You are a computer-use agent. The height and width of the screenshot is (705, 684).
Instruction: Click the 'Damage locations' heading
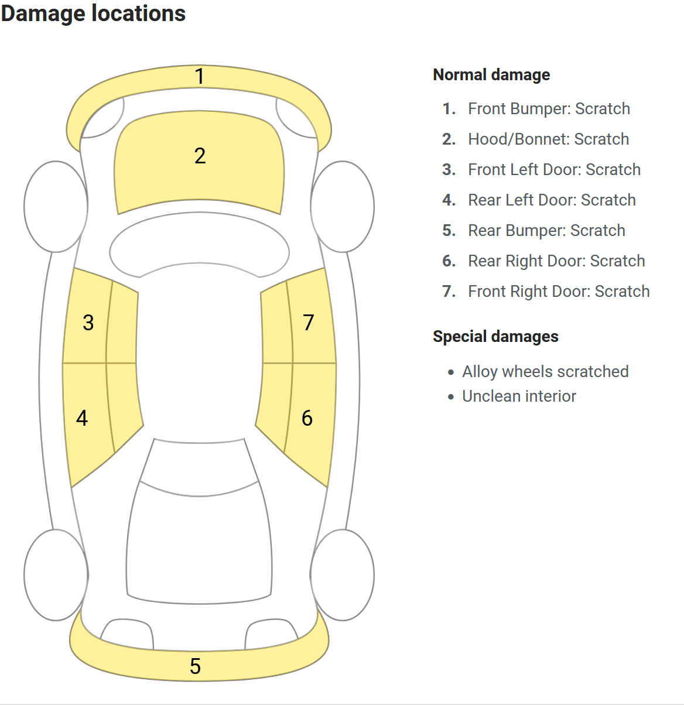(93, 13)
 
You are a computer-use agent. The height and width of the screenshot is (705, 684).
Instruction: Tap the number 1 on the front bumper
(200, 76)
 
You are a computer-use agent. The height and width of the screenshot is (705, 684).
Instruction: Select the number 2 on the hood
(200, 156)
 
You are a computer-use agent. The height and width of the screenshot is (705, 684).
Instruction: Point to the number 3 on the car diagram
(88, 323)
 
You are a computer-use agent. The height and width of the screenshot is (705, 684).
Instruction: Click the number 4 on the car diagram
(82, 418)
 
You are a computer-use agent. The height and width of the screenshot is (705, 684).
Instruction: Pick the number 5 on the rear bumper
(196, 666)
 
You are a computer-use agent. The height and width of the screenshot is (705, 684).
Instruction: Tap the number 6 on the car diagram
(307, 418)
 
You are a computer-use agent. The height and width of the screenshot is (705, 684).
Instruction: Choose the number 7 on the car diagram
(309, 322)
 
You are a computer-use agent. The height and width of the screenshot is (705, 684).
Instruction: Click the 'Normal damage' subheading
(491, 75)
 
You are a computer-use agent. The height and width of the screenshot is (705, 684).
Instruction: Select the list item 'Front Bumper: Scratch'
(549, 109)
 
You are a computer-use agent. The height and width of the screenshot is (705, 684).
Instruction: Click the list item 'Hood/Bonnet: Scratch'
(548, 139)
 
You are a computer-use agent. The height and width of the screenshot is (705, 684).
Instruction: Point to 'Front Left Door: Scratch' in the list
(554, 170)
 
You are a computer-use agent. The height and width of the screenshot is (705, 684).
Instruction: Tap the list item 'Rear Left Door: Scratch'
(552, 200)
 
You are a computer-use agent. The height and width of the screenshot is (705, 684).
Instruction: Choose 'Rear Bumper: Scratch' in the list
(546, 231)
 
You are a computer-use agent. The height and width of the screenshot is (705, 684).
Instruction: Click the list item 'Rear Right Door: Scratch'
(556, 261)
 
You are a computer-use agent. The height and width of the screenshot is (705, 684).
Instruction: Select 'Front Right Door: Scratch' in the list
(559, 292)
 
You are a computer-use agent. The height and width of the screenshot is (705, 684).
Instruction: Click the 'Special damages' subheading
(495, 337)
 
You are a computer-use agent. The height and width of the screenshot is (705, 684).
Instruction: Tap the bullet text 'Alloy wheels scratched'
(545, 372)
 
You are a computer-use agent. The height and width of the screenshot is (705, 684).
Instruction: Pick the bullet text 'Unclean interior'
(519, 396)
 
